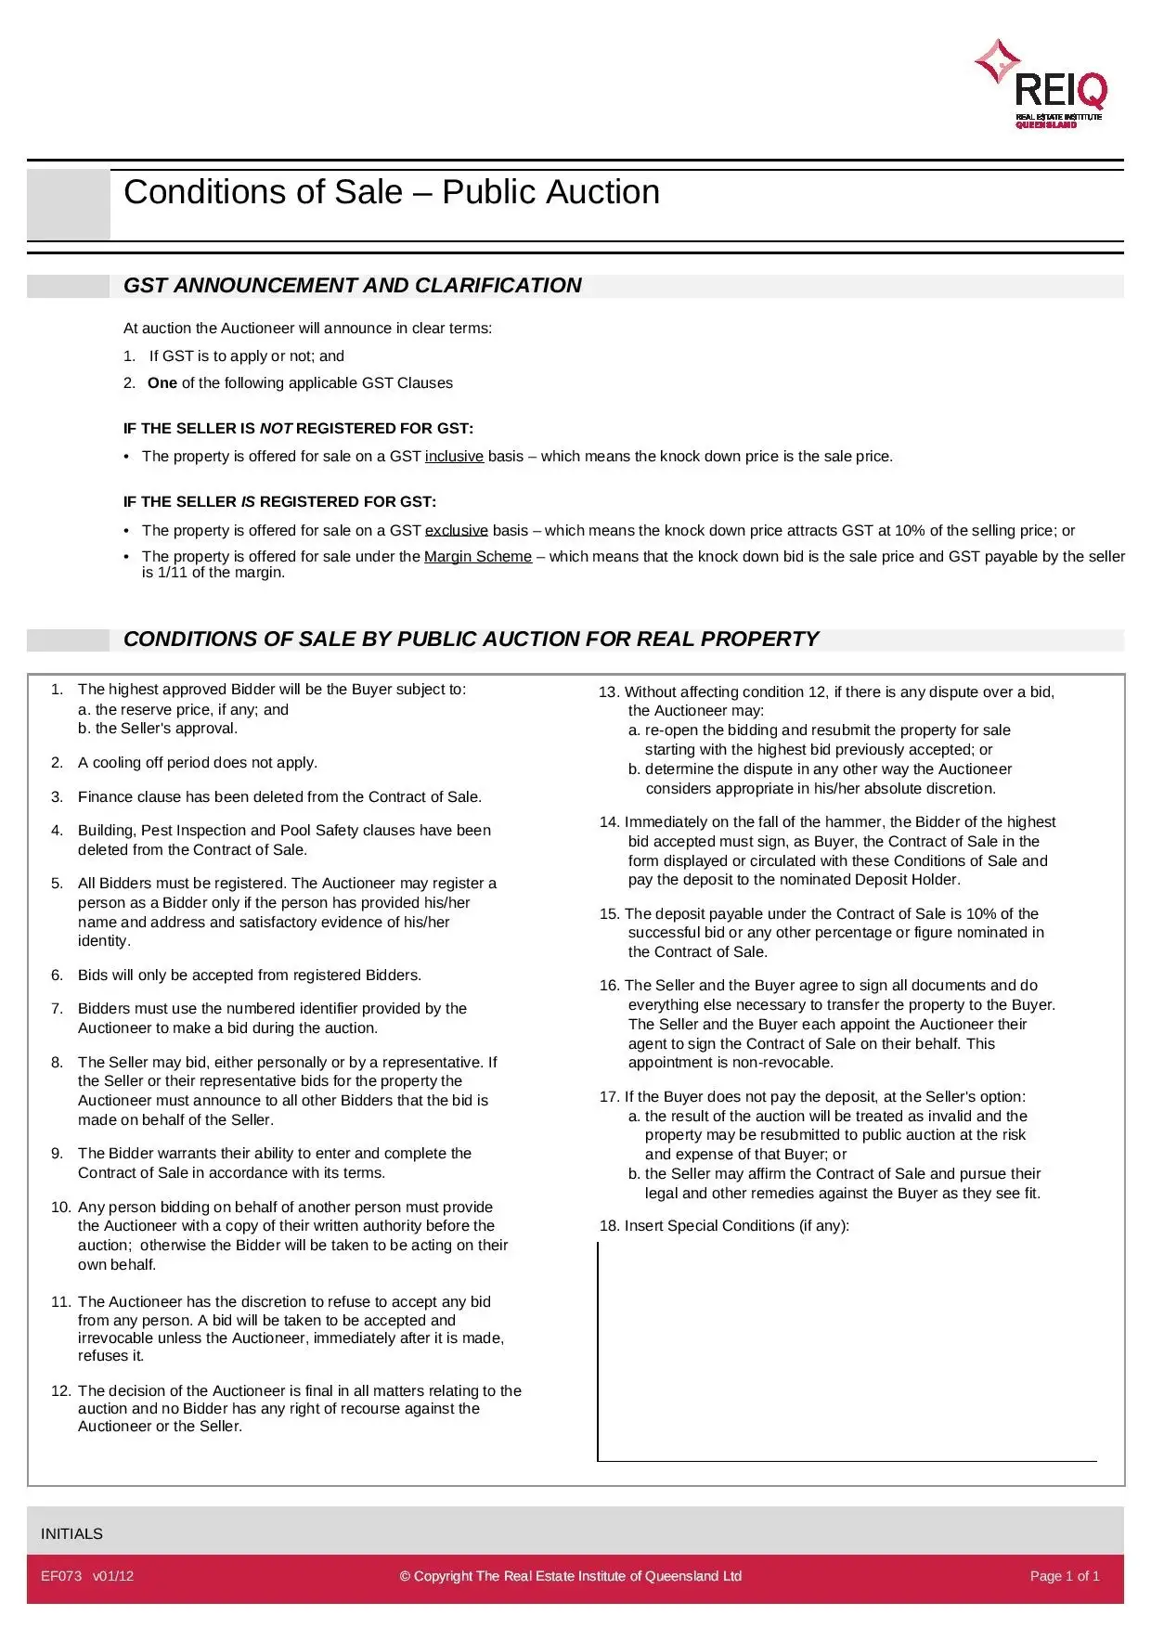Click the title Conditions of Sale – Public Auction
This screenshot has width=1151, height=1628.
coord(391,192)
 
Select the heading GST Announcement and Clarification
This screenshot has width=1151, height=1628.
coord(352,286)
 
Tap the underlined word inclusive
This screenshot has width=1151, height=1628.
coord(454,457)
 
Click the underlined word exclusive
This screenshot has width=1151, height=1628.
coord(456,531)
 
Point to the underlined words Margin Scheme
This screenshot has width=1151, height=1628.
coord(477,557)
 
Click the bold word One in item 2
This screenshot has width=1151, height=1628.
coord(162,383)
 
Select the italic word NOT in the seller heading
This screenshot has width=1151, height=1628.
coord(276,429)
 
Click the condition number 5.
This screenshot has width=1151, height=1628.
coord(58,884)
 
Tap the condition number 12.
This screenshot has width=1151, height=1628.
coord(60,1390)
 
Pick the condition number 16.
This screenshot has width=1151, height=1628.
coord(609,986)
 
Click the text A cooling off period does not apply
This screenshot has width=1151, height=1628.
coord(197,763)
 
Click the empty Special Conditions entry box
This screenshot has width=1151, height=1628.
coord(847,1350)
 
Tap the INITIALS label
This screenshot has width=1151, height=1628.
coord(71,1534)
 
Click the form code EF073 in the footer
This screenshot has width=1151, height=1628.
coord(61,1576)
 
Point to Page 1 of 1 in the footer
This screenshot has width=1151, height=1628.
coord(1064,1576)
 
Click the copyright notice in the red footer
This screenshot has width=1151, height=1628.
coord(570,1576)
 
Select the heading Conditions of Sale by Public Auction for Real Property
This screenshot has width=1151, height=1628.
coord(471,640)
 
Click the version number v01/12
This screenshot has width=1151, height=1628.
coord(113,1576)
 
